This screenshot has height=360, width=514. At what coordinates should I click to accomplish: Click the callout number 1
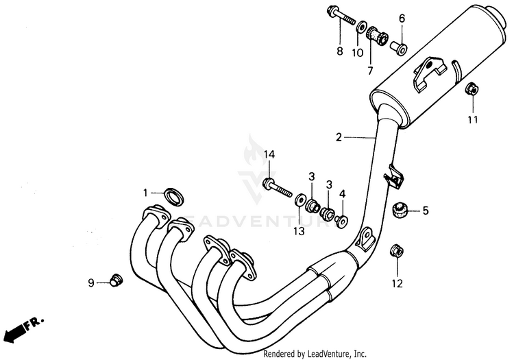tap(145, 191)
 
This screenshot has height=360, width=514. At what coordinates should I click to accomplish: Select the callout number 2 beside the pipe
tap(338, 137)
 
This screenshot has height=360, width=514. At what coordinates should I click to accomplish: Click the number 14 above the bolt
tap(269, 155)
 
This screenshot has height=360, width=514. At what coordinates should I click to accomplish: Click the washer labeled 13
tap(299, 201)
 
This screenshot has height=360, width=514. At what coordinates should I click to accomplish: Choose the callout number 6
tap(402, 18)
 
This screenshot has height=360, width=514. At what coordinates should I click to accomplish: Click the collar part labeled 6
tap(399, 47)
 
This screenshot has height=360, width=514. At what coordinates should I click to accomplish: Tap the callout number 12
tap(397, 283)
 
